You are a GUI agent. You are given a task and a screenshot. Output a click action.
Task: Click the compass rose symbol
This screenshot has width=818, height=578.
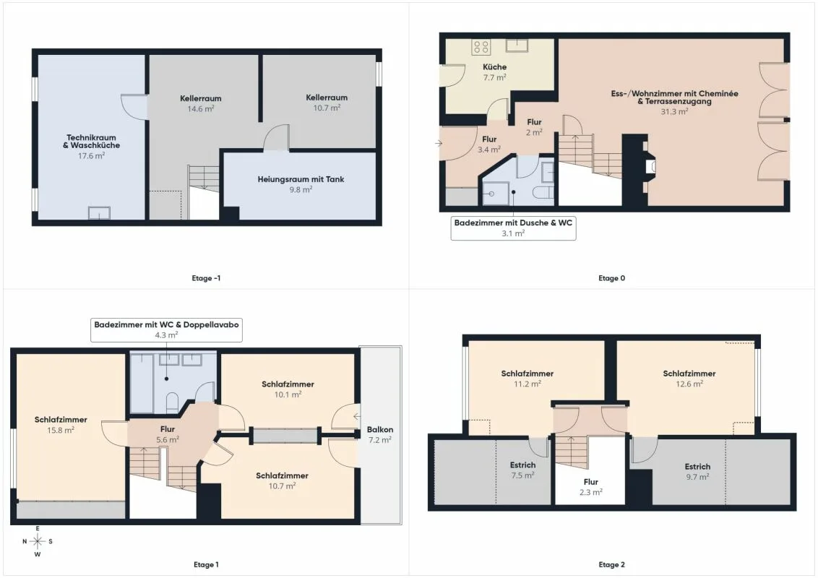[x=38, y=541]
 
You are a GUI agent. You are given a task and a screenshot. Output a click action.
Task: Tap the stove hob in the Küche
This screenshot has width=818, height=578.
[x=481, y=47]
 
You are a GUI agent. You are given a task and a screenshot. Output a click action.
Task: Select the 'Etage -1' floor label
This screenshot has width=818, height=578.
[x=206, y=278]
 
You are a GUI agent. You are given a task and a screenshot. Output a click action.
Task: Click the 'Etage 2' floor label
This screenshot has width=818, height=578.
[x=611, y=564]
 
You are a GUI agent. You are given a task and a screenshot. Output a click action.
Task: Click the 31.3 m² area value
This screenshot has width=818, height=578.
[x=674, y=111]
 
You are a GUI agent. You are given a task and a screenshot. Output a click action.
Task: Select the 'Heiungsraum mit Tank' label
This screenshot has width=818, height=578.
[x=301, y=179]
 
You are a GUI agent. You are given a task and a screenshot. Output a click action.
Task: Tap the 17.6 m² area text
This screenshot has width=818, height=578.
[x=91, y=155]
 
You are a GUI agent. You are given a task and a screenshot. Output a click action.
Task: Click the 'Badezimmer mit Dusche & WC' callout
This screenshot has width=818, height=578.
[x=513, y=228]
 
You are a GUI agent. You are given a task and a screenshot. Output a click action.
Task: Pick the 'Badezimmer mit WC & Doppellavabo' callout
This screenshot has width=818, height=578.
[x=166, y=329]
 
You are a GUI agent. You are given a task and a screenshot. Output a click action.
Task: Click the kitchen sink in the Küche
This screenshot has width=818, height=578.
[x=517, y=46]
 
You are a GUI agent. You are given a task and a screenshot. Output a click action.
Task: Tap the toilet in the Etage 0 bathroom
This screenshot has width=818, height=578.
[x=543, y=192]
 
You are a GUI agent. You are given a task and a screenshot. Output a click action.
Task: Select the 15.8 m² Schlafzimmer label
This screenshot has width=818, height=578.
[x=61, y=425]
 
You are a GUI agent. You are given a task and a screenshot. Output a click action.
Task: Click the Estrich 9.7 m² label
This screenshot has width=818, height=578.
[x=697, y=472]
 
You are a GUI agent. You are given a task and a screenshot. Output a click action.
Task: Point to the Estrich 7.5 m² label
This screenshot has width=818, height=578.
[x=522, y=470]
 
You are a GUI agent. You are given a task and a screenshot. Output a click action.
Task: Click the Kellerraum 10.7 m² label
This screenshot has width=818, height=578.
[x=327, y=103]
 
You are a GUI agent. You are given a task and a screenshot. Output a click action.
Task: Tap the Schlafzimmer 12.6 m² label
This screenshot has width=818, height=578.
[x=689, y=379]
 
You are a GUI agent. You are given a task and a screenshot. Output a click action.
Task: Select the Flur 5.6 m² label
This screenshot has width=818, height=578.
[x=168, y=434]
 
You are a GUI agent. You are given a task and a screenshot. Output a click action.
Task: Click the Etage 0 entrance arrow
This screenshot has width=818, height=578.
[x=439, y=143]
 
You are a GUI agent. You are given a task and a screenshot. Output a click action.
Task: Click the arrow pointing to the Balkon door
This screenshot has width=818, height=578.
[x=357, y=416]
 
